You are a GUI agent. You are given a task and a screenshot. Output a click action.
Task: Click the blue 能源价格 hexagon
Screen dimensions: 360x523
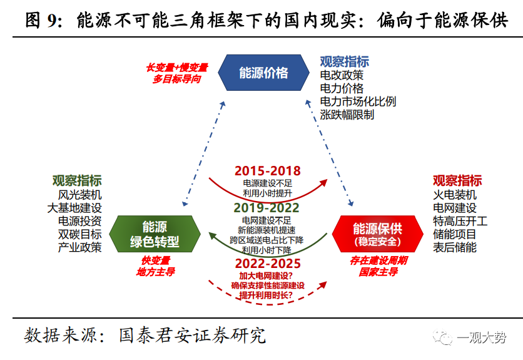(263, 73)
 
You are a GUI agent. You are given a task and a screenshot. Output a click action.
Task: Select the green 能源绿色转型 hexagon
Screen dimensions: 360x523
(155, 234)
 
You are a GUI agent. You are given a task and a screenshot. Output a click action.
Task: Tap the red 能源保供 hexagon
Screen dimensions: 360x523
(377, 234)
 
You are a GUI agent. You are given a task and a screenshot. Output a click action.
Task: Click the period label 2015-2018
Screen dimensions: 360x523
(267, 171)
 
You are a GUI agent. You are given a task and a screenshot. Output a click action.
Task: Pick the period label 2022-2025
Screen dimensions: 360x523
(267, 264)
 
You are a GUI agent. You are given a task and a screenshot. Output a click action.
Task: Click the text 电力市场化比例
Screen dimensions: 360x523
(357, 101)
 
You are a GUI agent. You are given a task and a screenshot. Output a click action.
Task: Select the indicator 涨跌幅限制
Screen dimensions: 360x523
(347, 115)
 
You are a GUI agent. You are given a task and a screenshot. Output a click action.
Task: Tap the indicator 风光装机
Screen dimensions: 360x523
(80, 195)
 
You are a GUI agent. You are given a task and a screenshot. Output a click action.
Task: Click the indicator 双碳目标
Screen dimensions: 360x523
(80, 234)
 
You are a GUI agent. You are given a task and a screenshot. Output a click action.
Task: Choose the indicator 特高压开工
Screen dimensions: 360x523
(460, 221)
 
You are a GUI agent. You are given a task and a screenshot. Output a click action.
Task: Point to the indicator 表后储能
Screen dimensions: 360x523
(454, 247)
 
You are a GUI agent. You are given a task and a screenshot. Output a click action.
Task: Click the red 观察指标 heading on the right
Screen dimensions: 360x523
(457, 180)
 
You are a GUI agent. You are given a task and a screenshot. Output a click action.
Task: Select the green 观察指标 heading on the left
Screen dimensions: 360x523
(76, 180)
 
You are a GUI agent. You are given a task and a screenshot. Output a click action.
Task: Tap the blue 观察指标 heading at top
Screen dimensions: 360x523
(344, 61)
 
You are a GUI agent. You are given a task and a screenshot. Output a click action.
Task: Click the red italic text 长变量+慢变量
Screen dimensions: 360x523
(177, 68)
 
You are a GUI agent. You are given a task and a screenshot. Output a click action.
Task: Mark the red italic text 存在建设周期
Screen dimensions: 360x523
(378, 260)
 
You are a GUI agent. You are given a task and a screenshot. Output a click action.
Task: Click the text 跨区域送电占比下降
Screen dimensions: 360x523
(267, 240)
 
